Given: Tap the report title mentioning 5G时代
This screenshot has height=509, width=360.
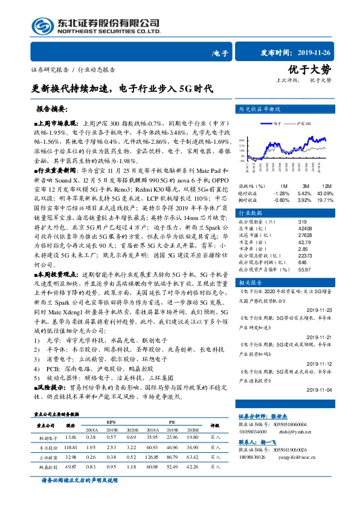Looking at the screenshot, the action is (x=123, y=88).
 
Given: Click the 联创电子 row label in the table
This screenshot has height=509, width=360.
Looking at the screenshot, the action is (x=48, y=437).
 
